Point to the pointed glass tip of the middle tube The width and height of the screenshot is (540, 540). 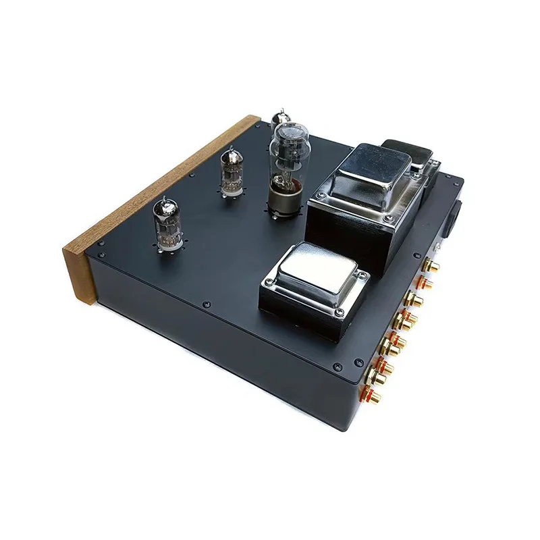click(230, 151)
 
